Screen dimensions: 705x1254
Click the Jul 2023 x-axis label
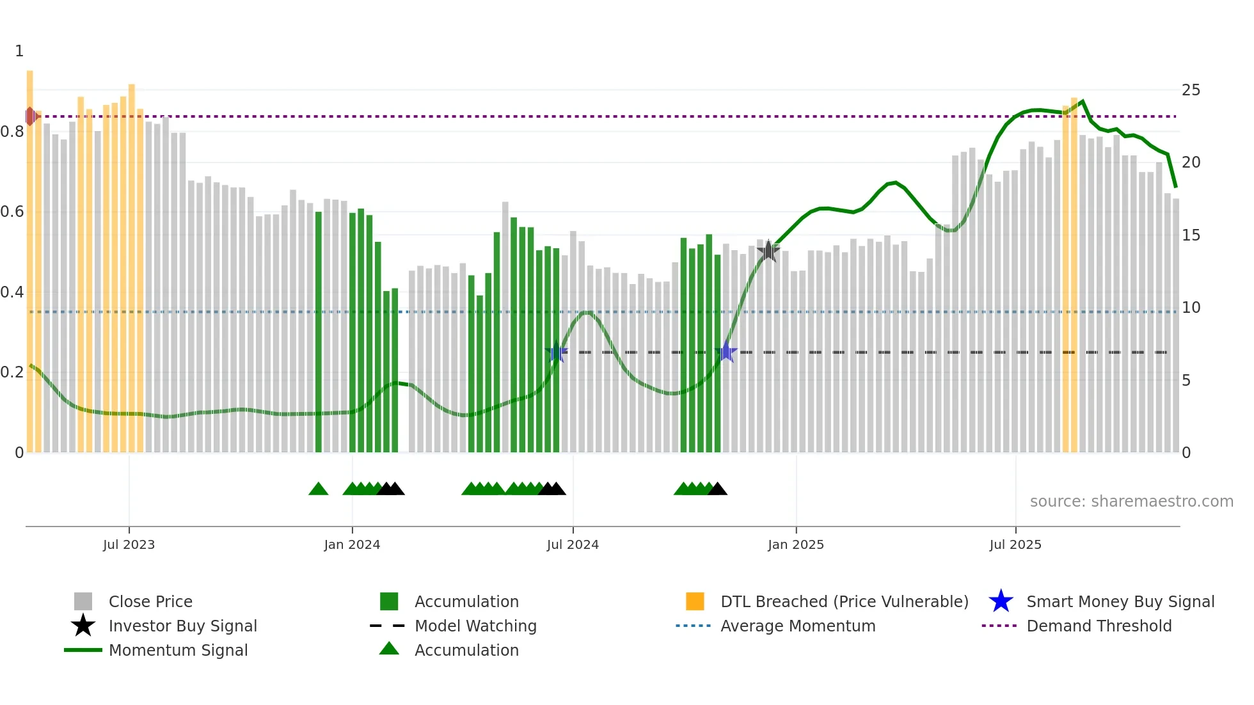pos(129,544)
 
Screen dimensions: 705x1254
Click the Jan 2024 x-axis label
pos(352,544)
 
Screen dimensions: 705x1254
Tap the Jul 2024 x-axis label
pos(573,544)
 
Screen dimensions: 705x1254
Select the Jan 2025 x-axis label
pos(796,544)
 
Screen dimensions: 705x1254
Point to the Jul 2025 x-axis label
pos(1015,544)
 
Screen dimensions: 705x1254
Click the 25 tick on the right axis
pos(1191,90)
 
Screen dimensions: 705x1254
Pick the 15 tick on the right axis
pos(1191,235)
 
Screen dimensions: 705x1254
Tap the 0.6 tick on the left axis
pos(12,212)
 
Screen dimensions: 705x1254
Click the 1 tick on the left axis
pos(19,51)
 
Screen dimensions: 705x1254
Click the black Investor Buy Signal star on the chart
pos(768,251)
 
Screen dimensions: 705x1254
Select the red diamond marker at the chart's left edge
pos(31,116)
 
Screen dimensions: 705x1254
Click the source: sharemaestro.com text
pos(1131,502)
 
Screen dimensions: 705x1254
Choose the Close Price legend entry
pos(150,601)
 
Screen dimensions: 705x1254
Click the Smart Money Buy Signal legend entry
pos(1120,601)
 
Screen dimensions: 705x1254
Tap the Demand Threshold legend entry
pos(1099,626)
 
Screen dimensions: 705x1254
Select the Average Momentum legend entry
pos(797,626)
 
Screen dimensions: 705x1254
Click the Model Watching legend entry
pos(475,626)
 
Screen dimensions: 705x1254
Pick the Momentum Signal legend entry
pos(178,650)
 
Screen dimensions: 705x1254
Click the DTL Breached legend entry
pos(844,601)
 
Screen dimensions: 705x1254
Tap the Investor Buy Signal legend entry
pos(182,626)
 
